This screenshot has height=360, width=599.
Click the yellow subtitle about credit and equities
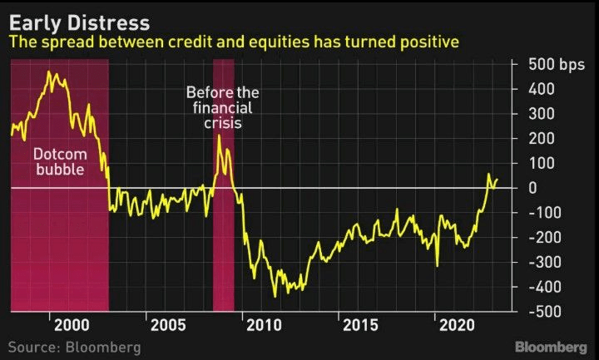pyautogui.click(x=235, y=42)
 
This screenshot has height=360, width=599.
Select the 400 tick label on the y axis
pyautogui.click(x=538, y=89)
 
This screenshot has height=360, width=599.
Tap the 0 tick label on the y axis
pyautogui.click(x=532, y=188)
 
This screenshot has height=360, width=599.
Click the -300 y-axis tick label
pyautogui.click(x=542, y=262)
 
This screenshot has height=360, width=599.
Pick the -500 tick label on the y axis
pyautogui.click(x=542, y=312)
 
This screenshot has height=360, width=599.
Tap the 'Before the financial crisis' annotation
pyautogui.click(x=221, y=106)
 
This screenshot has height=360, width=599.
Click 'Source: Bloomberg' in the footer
pyautogui.click(x=75, y=347)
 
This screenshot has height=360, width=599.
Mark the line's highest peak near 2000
pyautogui.click(x=50, y=72)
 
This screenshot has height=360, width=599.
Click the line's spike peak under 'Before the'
pyautogui.click(x=219, y=136)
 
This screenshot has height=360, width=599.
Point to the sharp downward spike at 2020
pyautogui.click(x=438, y=266)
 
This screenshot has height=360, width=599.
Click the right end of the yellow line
pyautogui.click(x=498, y=179)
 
